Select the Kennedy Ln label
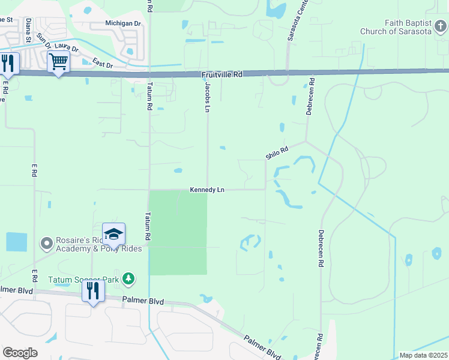[x=207, y=190]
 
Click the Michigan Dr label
[x=122, y=23]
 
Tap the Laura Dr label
[x=66, y=46]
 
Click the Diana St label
[x=28, y=30]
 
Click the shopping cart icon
[x=58, y=61]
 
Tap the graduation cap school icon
[x=113, y=234]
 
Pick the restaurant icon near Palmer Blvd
[x=92, y=291]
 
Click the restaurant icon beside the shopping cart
[x=8, y=63]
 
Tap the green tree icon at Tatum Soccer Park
[x=128, y=278]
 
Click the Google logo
[x=20, y=353]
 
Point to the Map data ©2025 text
[x=423, y=355]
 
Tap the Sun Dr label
[x=43, y=40]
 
